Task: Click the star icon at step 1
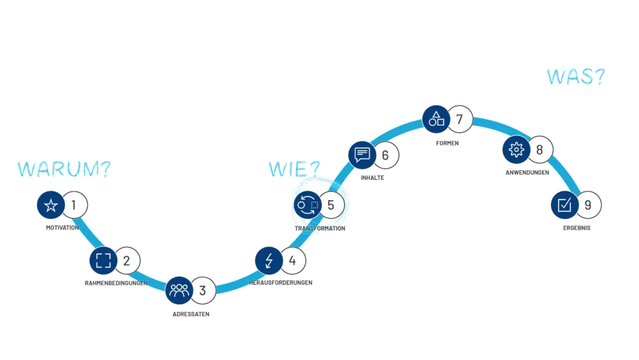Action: [x=51, y=205]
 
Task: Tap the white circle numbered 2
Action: [x=127, y=260]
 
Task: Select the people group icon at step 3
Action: [x=179, y=289]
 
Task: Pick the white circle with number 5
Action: [x=331, y=204]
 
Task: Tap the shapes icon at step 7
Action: [x=436, y=118]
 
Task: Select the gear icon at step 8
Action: [x=516, y=149]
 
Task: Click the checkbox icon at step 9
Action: [x=564, y=204]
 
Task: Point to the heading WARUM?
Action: [x=63, y=170]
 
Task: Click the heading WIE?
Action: [x=293, y=168]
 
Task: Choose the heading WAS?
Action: [x=575, y=77]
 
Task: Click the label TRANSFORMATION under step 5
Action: [x=319, y=229]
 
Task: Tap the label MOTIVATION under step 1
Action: [x=62, y=228]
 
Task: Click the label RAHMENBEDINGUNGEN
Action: [x=115, y=284]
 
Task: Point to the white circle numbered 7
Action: [x=460, y=119]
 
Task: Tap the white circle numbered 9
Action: [x=588, y=204]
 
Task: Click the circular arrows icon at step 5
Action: [x=307, y=204]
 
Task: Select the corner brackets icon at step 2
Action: [x=103, y=260]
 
